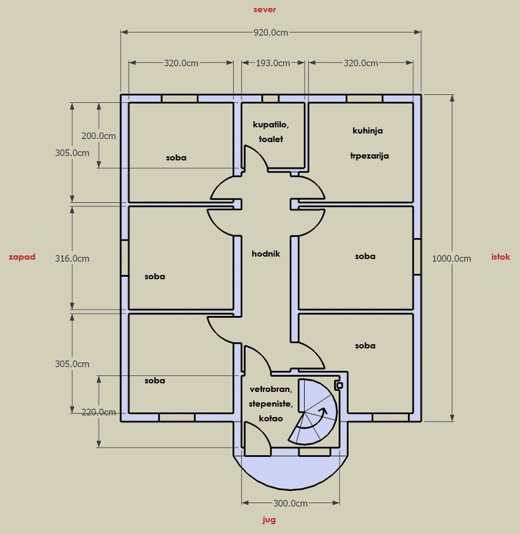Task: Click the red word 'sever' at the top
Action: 264,10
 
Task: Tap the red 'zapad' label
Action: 22,257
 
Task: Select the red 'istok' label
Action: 500,257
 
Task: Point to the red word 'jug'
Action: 269,520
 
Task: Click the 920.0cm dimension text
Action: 271,32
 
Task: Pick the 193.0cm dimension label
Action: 273,63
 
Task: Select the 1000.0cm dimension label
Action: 451,258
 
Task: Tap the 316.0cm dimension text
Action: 72,258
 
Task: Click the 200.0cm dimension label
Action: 98,136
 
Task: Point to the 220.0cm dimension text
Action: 98,412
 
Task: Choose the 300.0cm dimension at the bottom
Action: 291,503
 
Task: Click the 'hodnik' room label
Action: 266,254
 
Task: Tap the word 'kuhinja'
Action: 368,131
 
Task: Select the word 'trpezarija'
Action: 370,156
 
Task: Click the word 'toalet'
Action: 271,139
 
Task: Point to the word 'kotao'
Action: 271,418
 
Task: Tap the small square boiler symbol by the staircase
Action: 340,385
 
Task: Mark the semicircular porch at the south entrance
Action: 291,473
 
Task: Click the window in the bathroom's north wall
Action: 270,99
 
